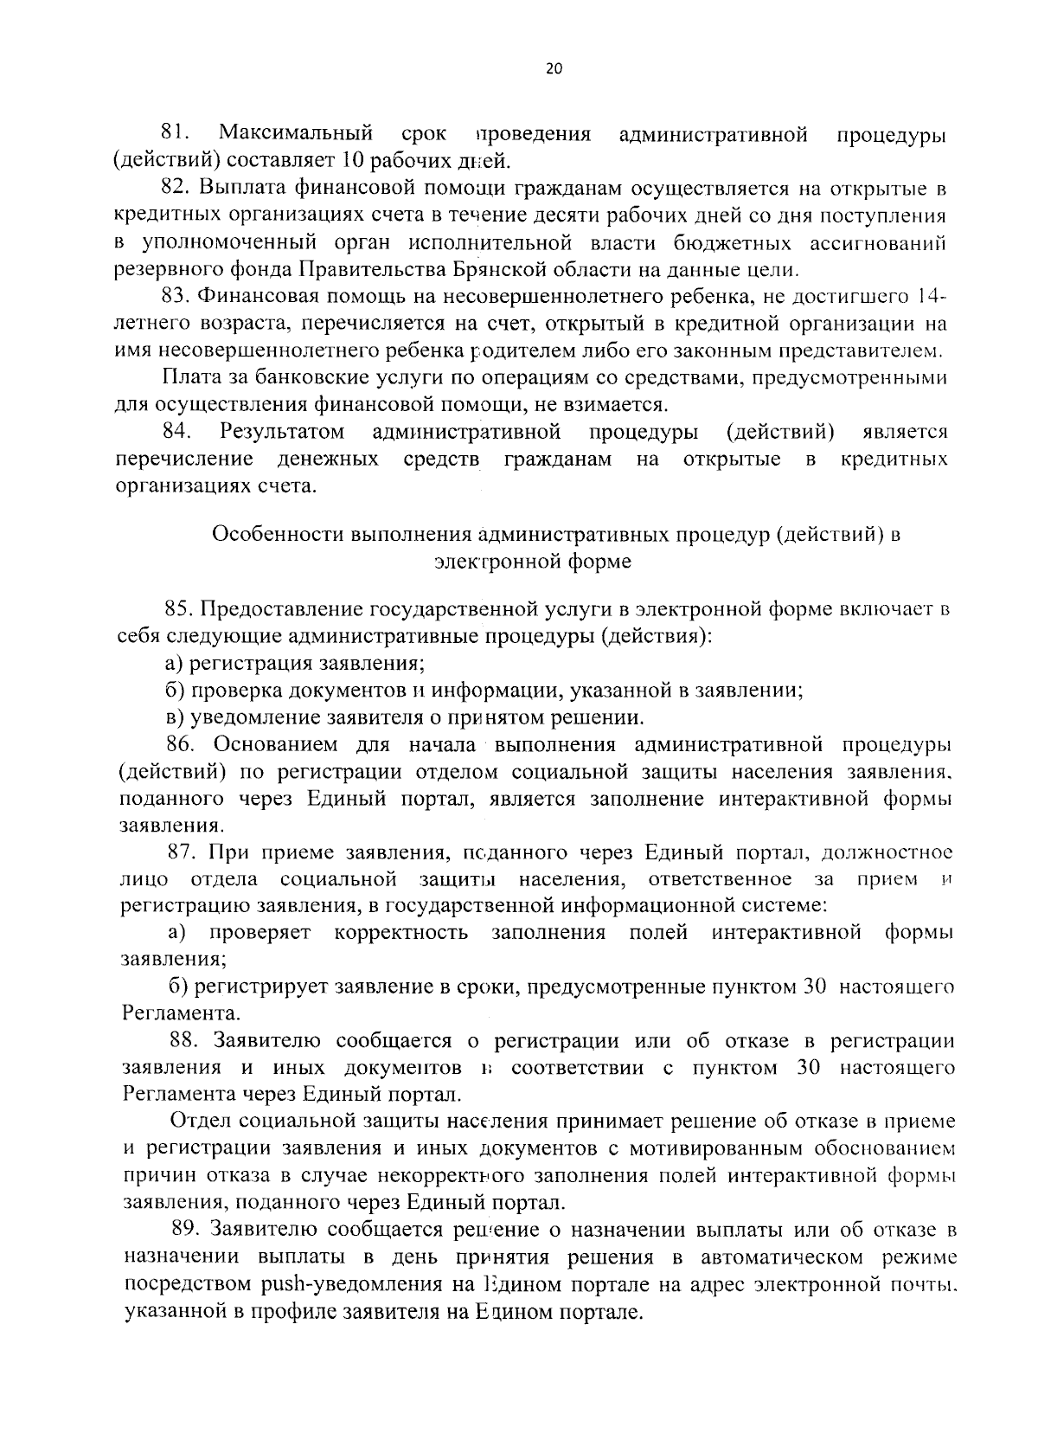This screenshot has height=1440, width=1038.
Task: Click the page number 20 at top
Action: pos(554,70)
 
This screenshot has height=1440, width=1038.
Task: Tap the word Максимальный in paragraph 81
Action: pos(296,134)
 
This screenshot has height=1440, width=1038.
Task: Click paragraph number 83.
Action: pos(176,297)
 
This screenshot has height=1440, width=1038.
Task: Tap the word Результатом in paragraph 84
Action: pos(282,431)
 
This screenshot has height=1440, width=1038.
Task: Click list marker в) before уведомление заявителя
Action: pos(174,717)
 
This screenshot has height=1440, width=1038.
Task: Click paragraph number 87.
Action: pos(183,852)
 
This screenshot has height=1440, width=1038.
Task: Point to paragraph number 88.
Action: pos(185,1040)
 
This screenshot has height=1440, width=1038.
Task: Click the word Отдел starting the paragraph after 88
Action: pos(198,1122)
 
